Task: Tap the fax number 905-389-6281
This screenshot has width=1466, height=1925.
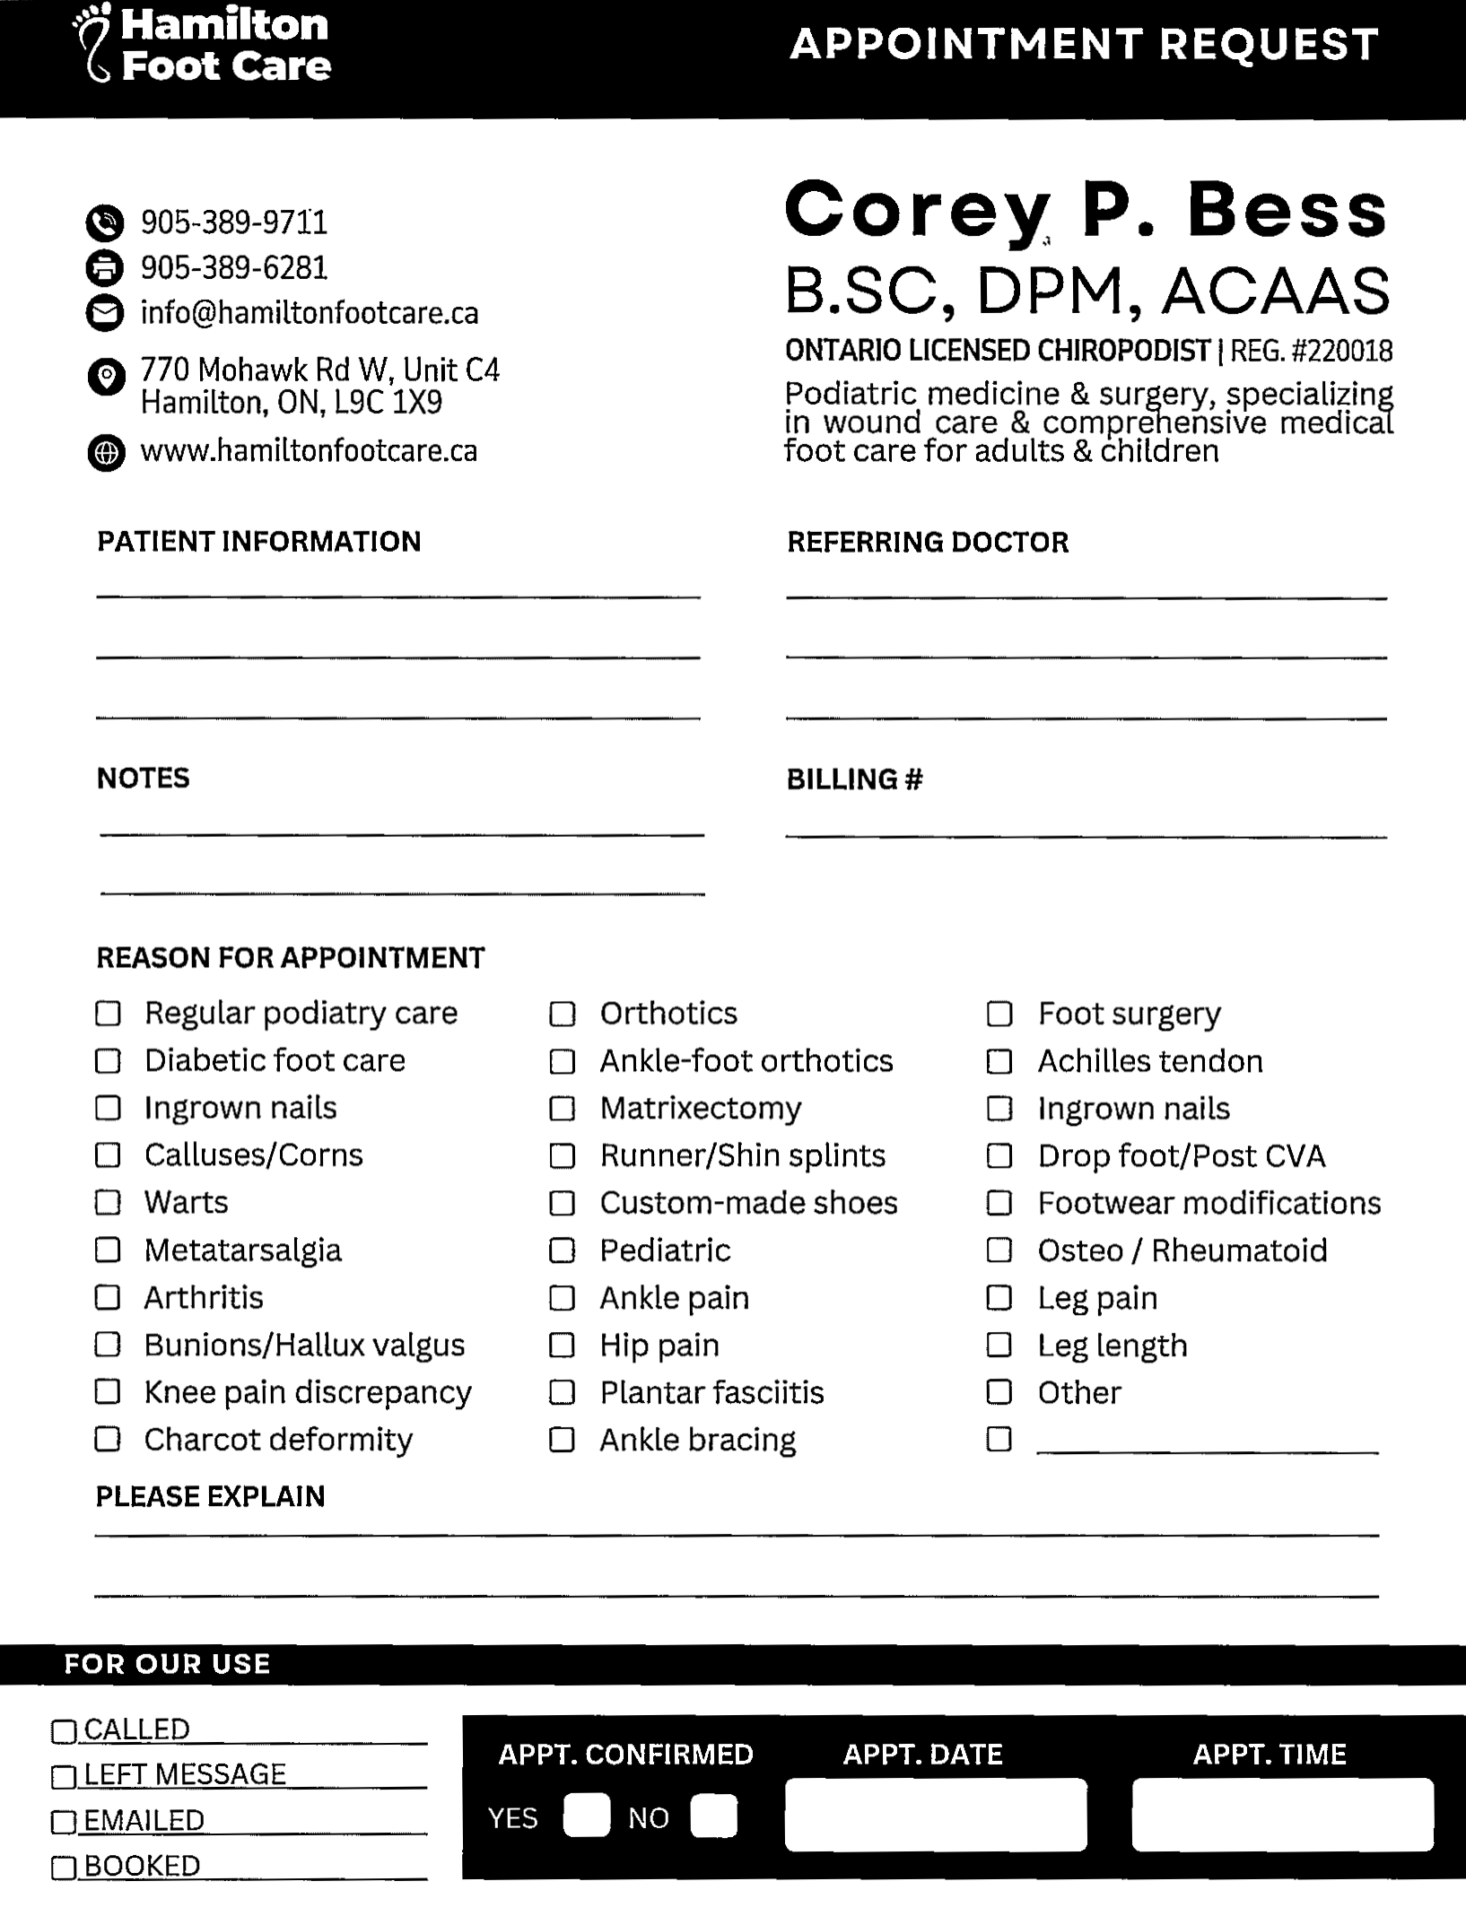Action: (234, 267)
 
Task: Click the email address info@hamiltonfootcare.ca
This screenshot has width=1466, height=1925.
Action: (310, 313)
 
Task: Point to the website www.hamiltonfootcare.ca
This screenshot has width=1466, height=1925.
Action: (309, 450)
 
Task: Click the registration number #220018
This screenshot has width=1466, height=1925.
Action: (1341, 351)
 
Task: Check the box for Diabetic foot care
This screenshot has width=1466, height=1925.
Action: (108, 1061)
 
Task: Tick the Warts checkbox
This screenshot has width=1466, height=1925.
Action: (108, 1202)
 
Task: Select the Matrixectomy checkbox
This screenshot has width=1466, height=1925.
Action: (562, 1109)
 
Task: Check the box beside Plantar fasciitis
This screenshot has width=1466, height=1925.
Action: (562, 1392)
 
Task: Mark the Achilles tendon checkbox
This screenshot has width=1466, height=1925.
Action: (999, 1061)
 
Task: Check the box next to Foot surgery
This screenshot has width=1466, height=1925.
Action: (999, 1014)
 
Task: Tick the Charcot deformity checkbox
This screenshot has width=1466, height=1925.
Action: (108, 1439)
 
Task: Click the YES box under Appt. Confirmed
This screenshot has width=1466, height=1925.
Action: (587, 1816)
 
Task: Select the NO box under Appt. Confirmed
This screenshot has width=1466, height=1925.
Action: (714, 1816)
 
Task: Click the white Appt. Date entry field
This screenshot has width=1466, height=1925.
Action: (936, 1815)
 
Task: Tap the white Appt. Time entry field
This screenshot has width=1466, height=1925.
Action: (1282, 1815)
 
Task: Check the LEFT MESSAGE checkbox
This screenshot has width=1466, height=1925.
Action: (64, 1776)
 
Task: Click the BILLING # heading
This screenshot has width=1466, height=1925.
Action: (854, 780)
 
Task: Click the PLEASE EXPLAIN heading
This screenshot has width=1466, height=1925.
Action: (211, 1496)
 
